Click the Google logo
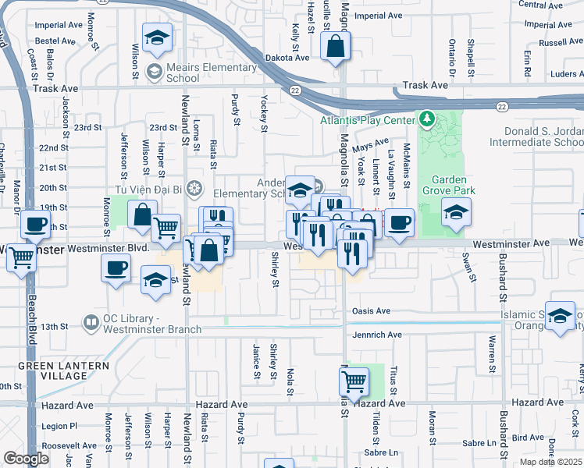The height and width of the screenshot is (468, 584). click(x=26, y=459)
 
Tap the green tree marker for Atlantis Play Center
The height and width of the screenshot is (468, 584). click(x=426, y=119)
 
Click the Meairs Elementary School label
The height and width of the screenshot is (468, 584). click(x=211, y=73)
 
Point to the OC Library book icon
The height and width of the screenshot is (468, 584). click(x=92, y=321)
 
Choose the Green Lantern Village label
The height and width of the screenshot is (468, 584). click(x=52, y=370)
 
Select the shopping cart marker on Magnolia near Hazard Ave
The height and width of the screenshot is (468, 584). click(x=354, y=381)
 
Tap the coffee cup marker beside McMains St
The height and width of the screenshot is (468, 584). click(x=399, y=222)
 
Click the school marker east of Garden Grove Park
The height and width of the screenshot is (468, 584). click(x=456, y=211)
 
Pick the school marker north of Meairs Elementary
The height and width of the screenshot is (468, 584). click(x=157, y=37)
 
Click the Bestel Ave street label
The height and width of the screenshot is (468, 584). click(x=53, y=39)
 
